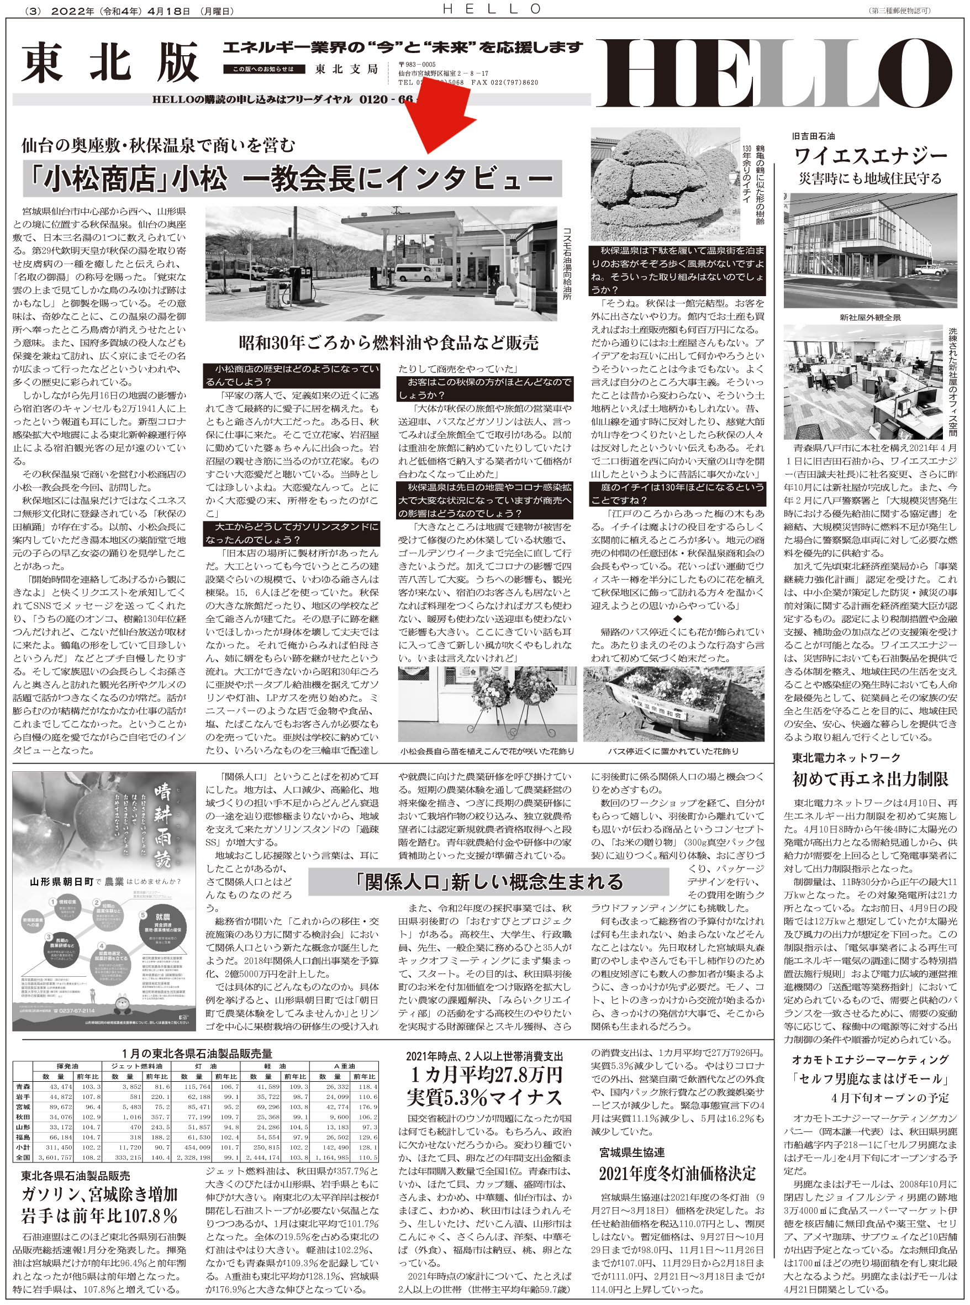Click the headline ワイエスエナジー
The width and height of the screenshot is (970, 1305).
pos(870,156)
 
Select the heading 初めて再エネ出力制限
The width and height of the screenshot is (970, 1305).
pos(870,779)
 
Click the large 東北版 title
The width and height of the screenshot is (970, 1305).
pos(111,64)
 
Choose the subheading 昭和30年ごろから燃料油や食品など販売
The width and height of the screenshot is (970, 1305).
pos(388,343)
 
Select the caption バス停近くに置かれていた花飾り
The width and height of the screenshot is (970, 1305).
pos(673,751)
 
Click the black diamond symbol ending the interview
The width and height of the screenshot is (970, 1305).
pos(677,619)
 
